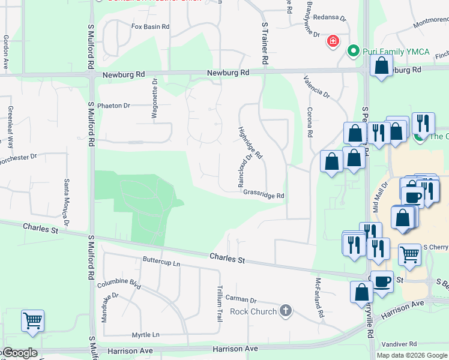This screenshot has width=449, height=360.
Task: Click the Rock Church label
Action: (x=253, y=311)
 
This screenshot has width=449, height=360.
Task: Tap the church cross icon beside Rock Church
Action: (x=286, y=311)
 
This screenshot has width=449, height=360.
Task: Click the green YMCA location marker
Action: (x=354, y=52)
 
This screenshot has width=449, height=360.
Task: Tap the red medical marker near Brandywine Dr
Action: (x=333, y=42)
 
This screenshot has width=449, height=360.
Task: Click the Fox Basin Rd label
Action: (x=151, y=27)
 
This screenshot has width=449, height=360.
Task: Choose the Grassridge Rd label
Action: (x=264, y=196)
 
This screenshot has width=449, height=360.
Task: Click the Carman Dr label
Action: (x=241, y=299)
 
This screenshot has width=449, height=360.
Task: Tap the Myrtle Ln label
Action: (x=147, y=335)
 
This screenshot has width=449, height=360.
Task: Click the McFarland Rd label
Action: (x=319, y=298)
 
